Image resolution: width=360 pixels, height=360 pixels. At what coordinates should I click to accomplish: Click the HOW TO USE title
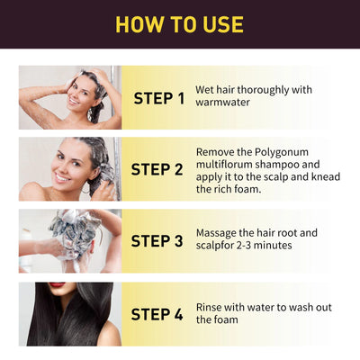pos(180,24)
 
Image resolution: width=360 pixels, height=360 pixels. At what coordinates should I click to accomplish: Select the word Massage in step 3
pos(219,233)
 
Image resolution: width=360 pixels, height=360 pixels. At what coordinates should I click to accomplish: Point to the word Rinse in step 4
pos(211,306)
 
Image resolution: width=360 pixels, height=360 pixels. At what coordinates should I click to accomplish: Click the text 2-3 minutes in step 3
pos(267,247)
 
